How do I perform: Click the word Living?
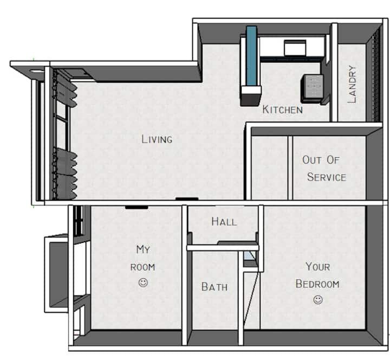pyautogui.click(x=157, y=139)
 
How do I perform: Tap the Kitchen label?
pyautogui.click(x=283, y=110)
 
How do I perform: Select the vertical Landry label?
pyautogui.click(x=352, y=84)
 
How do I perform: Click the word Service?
pyautogui.click(x=327, y=177)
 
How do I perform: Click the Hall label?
pyautogui.click(x=224, y=222)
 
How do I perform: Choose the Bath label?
pyautogui.click(x=214, y=287)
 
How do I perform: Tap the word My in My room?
pyautogui.click(x=143, y=249)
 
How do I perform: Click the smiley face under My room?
pyautogui.click(x=143, y=282)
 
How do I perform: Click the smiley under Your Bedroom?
pyautogui.click(x=318, y=299)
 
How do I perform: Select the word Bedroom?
pyautogui.click(x=317, y=284)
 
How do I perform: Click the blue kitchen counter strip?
pyautogui.click(x=251, y=56)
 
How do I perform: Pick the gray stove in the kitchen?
pyautogui.click(x=313, y=88)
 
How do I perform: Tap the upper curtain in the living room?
pyautogui.click(x=66, y=89)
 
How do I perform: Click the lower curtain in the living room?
pyautogui.click(x=66, y=174)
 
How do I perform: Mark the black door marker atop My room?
pyautogui.click(x=136, y=207)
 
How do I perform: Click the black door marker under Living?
pyautogui.click(x=187, y=198)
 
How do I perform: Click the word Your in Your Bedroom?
pyautogui.click(x=317, y=267)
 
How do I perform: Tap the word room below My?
pyautogui.click(x=143, y=267)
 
